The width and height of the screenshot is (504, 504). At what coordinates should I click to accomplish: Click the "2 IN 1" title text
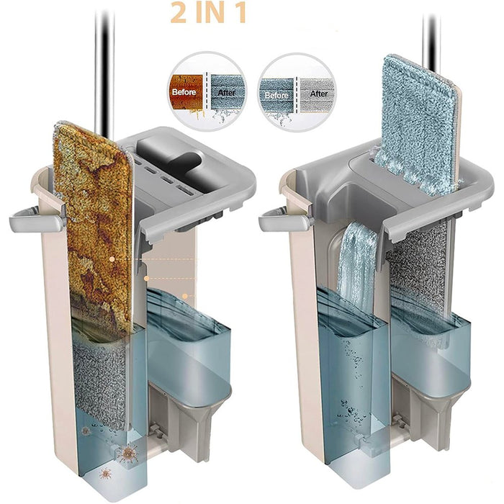click(210, 14)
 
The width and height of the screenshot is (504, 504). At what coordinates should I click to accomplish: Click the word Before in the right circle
click(278, 94)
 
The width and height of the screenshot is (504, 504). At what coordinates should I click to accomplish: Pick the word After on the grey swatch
click(318, 94)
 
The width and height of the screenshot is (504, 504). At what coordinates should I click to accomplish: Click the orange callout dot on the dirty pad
click(112, 258)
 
